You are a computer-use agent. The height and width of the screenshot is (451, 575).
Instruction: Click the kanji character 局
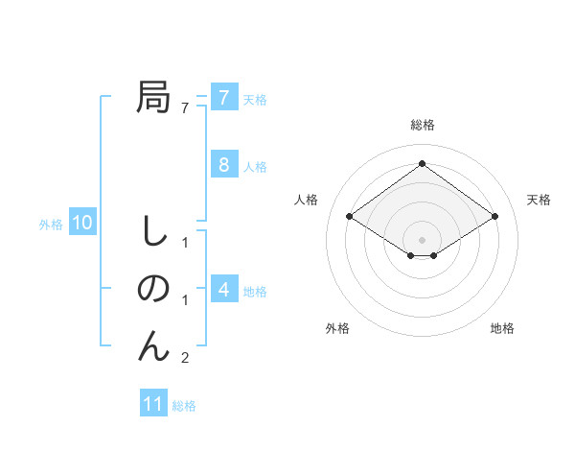153,97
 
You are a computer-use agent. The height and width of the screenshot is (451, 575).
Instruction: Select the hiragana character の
153,289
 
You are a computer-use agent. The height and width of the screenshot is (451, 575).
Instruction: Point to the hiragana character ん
153,346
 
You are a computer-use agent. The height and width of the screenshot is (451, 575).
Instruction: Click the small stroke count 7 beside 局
185,107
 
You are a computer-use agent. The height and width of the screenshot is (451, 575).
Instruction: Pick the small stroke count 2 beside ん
185,358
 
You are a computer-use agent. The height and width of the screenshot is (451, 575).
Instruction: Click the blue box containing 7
223,97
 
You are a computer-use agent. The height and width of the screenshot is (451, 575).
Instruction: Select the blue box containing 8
223,164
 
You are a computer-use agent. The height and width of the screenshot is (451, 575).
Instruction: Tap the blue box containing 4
223,289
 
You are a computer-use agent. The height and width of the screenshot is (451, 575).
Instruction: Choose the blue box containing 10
81,224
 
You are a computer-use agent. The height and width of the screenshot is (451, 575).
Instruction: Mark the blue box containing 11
153,404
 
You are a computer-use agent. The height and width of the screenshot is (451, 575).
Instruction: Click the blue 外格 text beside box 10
51,225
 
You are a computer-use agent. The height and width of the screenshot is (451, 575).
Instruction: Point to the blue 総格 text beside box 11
184,406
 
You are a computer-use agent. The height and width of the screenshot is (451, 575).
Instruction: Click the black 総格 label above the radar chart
422,125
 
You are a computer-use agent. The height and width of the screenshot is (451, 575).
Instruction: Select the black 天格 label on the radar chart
540,200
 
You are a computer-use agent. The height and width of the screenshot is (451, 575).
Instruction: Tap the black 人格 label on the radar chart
306,200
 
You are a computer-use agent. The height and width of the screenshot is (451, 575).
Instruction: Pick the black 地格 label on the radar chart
502,328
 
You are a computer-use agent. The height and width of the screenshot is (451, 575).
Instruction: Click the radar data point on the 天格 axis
495,217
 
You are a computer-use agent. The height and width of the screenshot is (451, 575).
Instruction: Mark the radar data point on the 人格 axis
349,217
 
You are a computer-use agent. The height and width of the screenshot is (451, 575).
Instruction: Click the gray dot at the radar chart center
422,239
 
